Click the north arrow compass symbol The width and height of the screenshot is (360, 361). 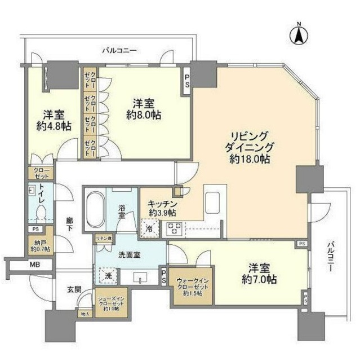point(298,34)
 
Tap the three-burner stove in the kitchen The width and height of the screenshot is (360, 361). point(174,229)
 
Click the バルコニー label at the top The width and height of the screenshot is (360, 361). point(119,50)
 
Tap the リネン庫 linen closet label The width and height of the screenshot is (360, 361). point(104,239)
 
